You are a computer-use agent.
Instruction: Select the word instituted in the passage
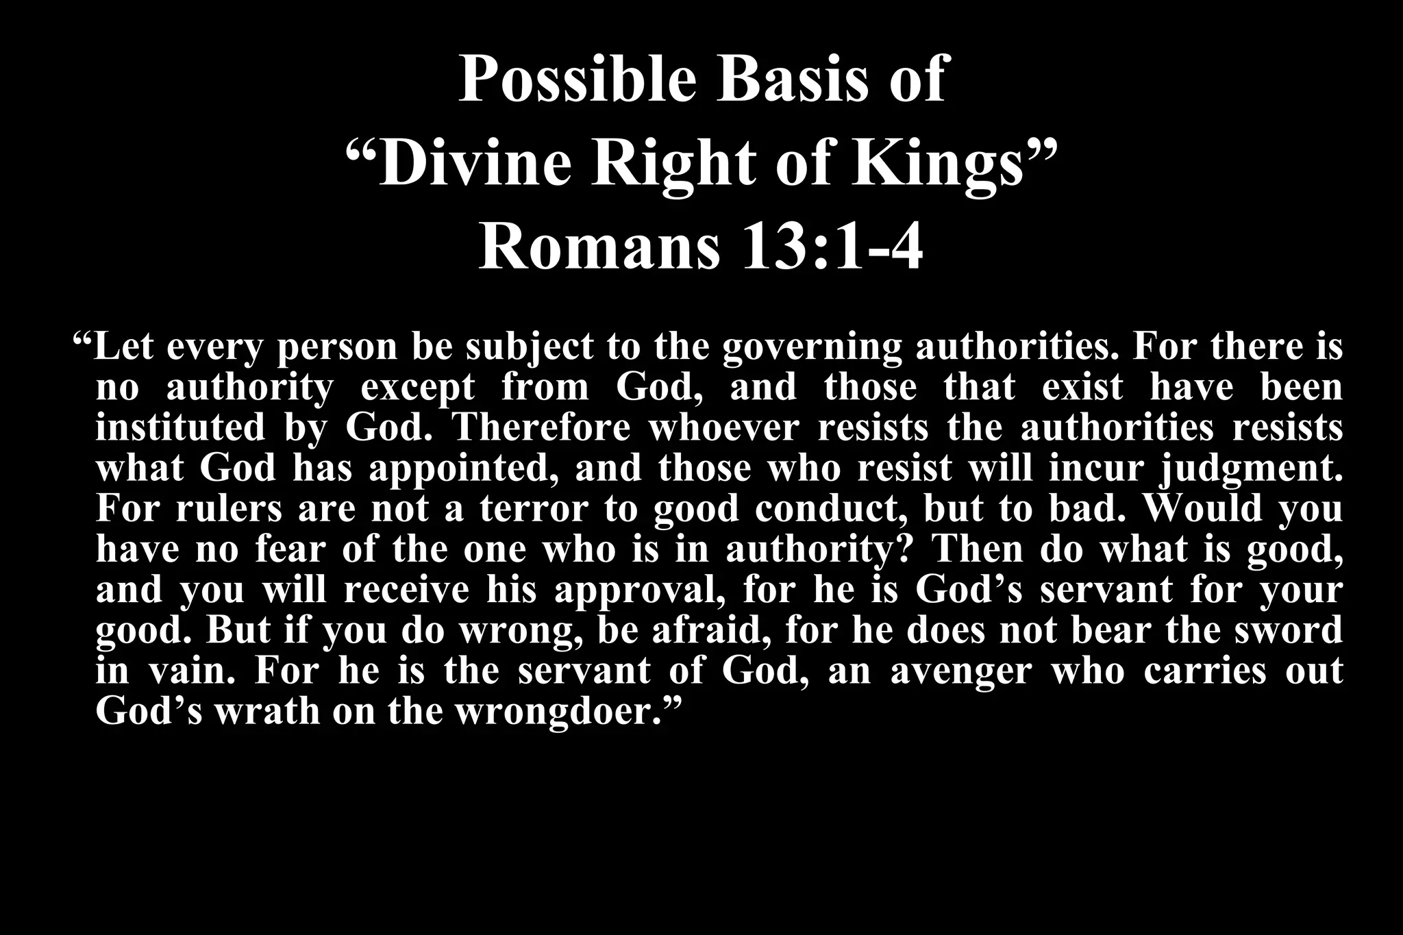pyautogui.click(x=180, y=427)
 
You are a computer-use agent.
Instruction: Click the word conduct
pyautogui.click(x=832, y=509)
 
